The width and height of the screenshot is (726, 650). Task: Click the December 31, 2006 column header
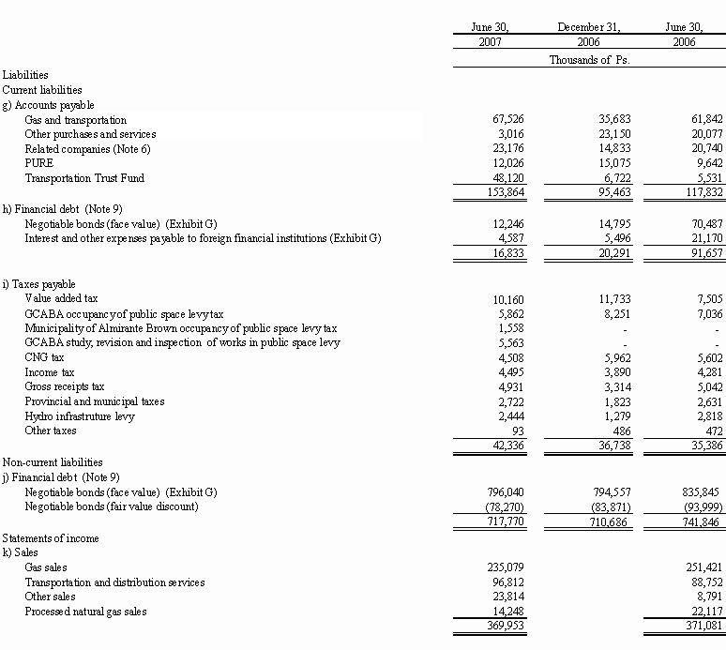(588, 35)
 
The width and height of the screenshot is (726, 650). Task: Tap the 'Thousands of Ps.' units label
(588, 60)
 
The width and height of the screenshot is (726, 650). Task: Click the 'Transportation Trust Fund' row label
(84, 177)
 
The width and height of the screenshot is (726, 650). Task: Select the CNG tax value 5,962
(601, 357)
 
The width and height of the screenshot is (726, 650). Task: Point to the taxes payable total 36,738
(597, 446)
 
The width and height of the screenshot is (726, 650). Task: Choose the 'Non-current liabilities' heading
(53, 462)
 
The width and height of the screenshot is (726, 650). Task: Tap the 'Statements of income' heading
(51, 538)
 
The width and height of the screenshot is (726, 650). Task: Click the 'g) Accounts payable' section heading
(48, 105)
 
